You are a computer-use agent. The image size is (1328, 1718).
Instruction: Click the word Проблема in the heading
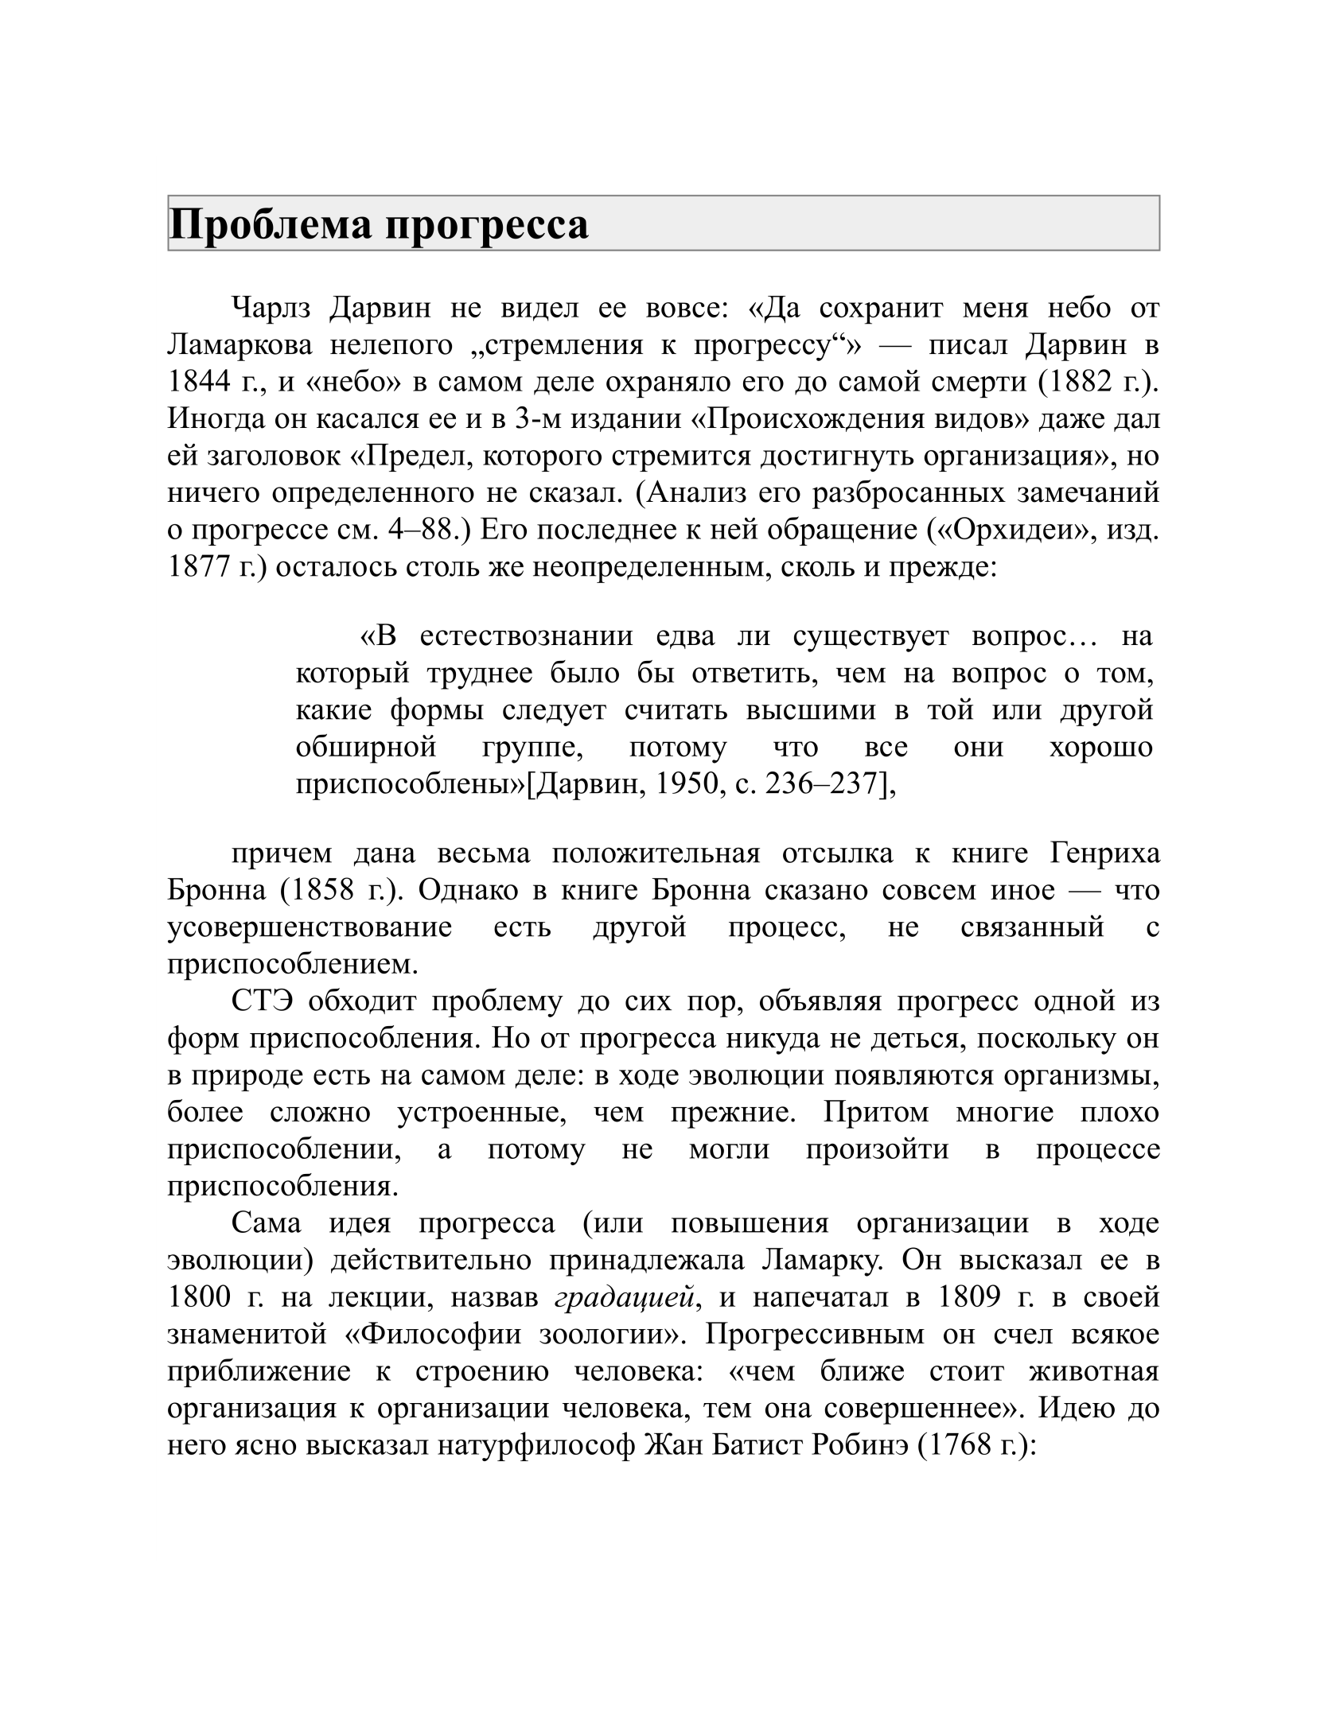[x=271, y=225]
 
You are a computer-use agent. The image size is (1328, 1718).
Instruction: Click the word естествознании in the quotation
[x=527, y=637]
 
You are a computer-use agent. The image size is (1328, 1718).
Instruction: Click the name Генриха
[x=1105, y=853]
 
